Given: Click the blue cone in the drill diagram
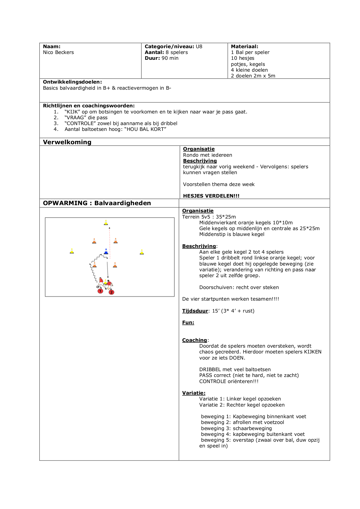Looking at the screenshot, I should coord(106,252).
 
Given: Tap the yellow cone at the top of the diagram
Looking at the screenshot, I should coord(106,223).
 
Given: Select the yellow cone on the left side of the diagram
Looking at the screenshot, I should coord(72,251).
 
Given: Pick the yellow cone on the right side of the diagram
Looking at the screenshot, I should coord(142,252).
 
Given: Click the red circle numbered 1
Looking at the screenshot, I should coord(100,291).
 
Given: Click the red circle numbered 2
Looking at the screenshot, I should coord(111,292).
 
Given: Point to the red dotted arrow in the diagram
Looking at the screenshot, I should coord(110,241).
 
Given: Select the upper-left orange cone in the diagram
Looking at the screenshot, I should coord(94,241).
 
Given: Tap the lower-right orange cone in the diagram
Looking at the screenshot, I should coord(115,265).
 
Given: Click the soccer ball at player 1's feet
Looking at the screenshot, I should coord(98,287).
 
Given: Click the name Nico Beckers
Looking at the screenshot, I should coord(58,52).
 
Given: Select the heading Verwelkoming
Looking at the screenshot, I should coord(67,142).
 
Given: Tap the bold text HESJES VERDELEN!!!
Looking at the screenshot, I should coord(211,196).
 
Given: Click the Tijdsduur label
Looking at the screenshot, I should coord(195,311).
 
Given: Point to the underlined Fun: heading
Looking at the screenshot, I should coord(188,322).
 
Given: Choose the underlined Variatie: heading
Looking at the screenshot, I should coord(193,393).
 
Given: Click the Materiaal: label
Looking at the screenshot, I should coord(244,46).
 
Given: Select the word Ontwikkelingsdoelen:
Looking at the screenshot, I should coord(72,82).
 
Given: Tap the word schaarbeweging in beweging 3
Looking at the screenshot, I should coord(252,428).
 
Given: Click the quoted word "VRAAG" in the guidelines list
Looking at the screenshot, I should coord(75,118).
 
